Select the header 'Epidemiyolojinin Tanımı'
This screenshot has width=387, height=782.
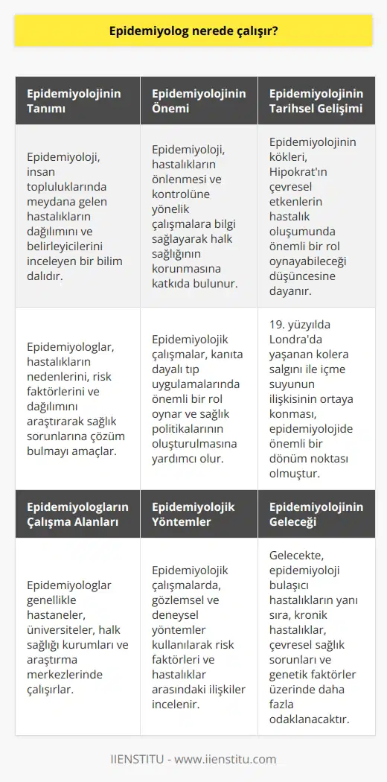74,102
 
